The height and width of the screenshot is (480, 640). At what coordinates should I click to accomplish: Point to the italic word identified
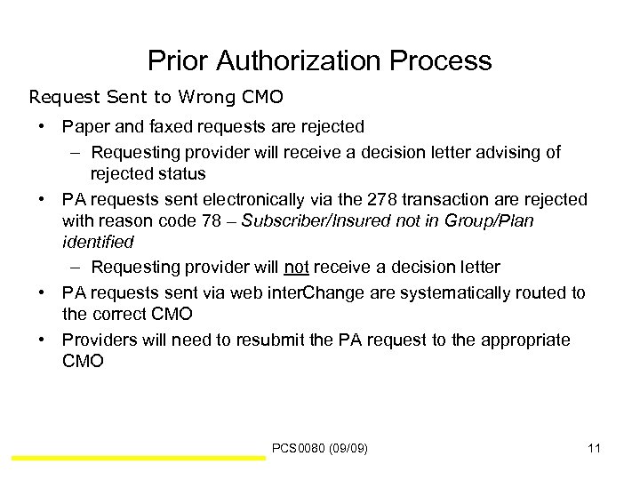(98, 241)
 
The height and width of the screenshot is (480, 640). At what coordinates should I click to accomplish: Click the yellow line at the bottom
(138, 459)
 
